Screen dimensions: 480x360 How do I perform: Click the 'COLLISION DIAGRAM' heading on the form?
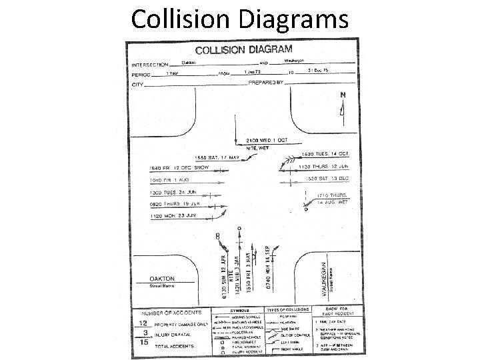(x=243, y=49)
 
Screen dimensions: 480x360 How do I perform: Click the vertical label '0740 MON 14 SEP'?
(x=267, y=266)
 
